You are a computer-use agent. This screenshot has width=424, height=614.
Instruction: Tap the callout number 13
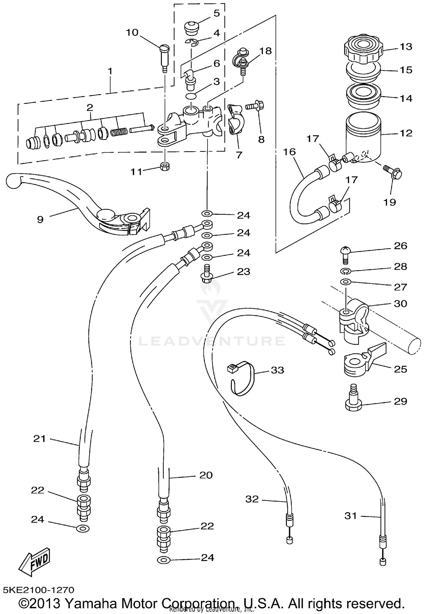pyautogui.click(x=406, y=47)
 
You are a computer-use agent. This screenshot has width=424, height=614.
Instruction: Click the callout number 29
pyautogui.click(x=401, y=401)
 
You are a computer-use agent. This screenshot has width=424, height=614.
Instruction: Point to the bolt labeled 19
pyautogui.click(x=393, y=173)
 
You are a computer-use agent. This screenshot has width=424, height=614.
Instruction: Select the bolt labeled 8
pyautogui.click(x=256, y=106)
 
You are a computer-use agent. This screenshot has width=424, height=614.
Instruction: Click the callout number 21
pyautogui.click(x=39, y=438)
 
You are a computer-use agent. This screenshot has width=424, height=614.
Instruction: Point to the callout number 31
pyautogui.click(x=351, y=516)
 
